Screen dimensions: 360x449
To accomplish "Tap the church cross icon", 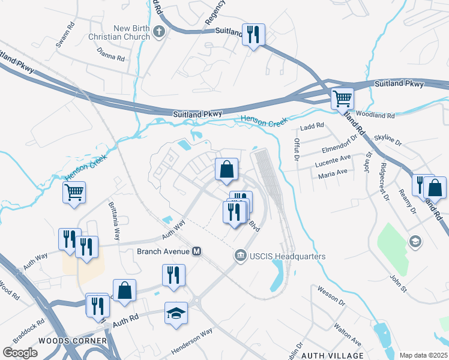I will [159, 32].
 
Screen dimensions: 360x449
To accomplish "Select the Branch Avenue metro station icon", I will [196, 251].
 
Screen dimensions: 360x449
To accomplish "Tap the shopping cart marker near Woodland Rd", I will [342, 98].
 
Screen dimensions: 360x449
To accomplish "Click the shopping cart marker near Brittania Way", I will [74, 193].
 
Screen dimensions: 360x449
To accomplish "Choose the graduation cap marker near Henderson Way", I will [176, 313].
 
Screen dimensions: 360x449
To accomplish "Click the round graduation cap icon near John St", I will [414, 241].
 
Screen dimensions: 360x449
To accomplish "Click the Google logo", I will [20, 353].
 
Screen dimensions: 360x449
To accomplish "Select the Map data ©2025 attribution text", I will [423, 355].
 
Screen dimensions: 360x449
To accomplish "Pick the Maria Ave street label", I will [333, 172].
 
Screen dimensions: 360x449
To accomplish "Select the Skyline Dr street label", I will [387, 139].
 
